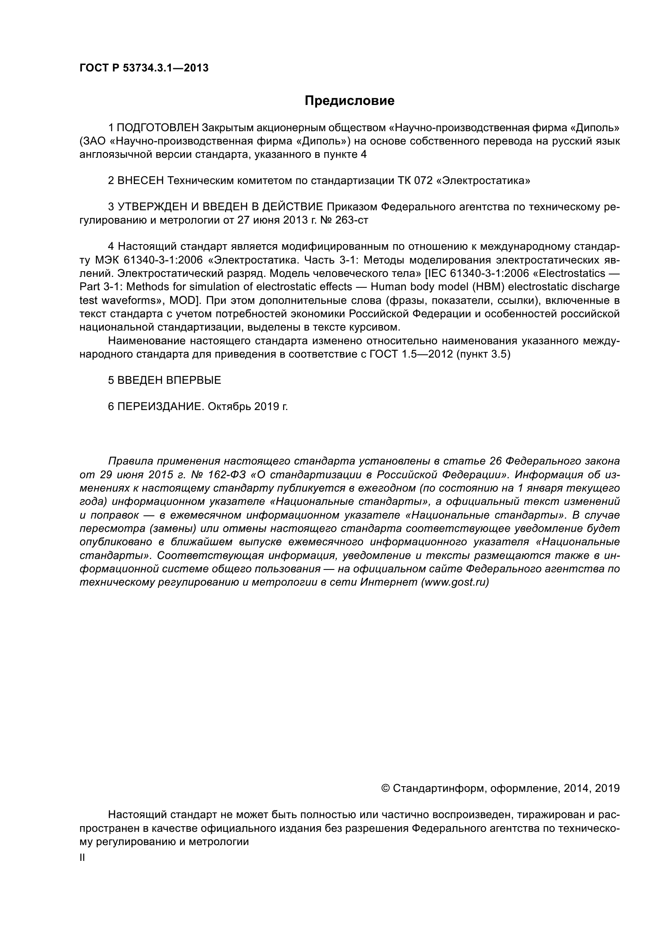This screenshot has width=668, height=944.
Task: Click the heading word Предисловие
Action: point(349,101)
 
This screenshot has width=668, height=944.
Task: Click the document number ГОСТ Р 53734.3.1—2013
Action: point(144,68)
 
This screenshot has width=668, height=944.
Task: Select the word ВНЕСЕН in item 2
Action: point(141,180)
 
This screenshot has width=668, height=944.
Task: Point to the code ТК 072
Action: point(414,180)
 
